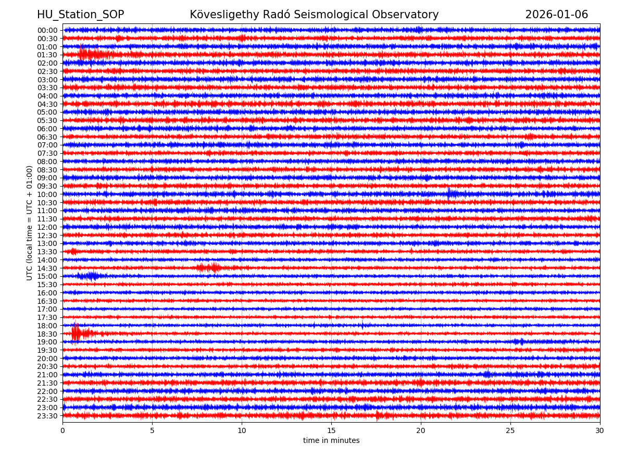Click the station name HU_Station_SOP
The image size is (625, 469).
[80, 15]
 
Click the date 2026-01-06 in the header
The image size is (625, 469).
[556, 15]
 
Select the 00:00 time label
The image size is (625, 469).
[47, 30]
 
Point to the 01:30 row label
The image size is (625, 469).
[47, 55]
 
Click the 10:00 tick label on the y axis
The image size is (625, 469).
[47, 194]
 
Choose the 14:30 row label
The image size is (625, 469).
[47, 268]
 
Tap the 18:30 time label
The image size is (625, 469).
[47, 334]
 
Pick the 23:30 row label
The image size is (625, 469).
[47, 416]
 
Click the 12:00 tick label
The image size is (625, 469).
[47, 227]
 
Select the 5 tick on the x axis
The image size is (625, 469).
[152, 430]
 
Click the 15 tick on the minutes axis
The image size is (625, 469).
[331, 430]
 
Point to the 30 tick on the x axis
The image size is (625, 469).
[600, 430]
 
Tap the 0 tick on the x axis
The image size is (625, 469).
[63, 430]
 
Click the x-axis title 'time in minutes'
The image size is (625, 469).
[331, 441]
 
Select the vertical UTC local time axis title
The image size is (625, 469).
[30, 223]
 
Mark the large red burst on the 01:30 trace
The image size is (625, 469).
[86, 54]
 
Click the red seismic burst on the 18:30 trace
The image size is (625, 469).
[77, 333]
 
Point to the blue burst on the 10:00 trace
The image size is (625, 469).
[451, 194]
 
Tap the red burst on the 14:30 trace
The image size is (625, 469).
[208, 268]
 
